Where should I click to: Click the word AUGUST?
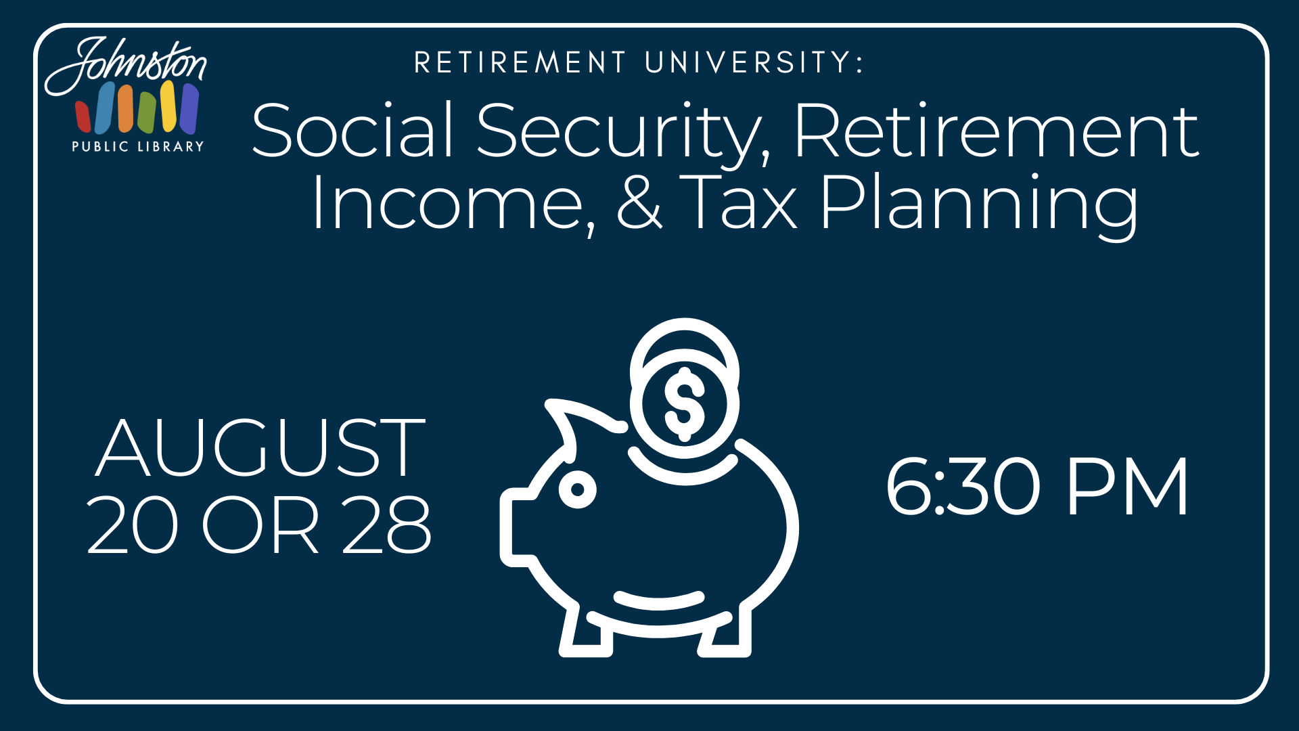pos(261,447)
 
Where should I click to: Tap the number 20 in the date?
pos(133,525)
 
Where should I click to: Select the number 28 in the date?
pos(386,525)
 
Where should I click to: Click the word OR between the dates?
pos(260,525)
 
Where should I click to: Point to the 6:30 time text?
pos(963,485)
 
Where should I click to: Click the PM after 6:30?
pos(1127,486)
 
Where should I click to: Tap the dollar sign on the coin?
pos(685,404)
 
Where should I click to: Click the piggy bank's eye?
pos(578,489)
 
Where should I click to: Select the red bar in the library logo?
pos(83,116)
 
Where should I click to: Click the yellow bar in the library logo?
pos(168,106)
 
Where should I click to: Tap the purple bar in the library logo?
pos(189,109)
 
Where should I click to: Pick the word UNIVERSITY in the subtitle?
pos(754,62)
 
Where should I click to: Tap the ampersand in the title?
pos(639,201)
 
